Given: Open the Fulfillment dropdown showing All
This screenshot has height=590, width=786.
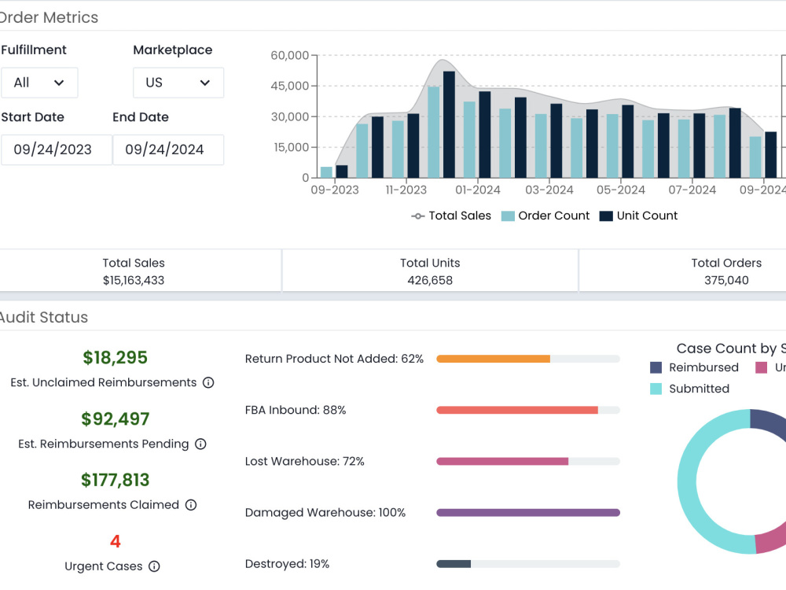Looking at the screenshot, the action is coord(39,83).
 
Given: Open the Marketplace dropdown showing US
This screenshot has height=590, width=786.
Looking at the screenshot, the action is coord(178,83).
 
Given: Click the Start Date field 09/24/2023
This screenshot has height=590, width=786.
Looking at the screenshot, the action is coord(56,149).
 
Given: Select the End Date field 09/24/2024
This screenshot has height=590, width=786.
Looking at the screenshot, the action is coord(168,149).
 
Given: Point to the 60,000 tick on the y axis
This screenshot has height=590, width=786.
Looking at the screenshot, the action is coord(290,55).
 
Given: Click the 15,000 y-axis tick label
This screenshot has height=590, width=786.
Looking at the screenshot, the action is coord(292,148).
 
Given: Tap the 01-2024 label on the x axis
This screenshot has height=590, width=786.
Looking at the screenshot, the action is coord(478,190).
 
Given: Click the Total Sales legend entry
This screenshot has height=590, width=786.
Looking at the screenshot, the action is coord(451,216).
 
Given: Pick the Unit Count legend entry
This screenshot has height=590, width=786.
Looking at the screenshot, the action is coord(638,216).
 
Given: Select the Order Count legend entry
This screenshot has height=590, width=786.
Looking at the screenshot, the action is coord(545,216).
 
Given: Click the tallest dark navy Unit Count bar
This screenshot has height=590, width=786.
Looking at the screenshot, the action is coord(449,124).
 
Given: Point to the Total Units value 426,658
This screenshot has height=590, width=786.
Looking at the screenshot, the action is coord(430,281).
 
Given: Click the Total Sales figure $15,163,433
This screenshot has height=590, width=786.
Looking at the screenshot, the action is coord(134,281).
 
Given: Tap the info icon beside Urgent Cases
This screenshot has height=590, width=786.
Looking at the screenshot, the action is coord(154,566).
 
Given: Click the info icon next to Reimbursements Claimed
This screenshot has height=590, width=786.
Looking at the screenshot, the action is coord(191,505).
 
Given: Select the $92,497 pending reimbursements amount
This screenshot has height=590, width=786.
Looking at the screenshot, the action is coord(116,419).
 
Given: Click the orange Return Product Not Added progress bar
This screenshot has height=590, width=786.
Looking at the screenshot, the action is coord(494,359).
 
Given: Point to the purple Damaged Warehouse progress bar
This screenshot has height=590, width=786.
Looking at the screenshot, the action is coord(528,513).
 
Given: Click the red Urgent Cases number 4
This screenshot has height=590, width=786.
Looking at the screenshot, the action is coord(116,541).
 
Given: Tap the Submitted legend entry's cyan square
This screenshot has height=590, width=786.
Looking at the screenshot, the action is coord(656,389).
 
